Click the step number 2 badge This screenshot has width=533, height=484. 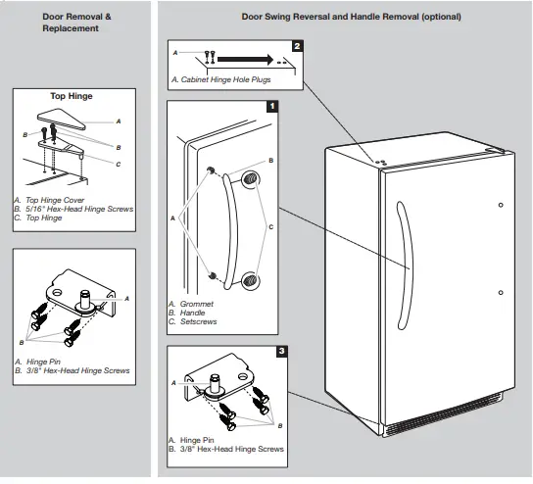point(297,45)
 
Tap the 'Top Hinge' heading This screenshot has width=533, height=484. point(71,97)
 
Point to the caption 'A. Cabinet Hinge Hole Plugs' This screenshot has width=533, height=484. point(220,79)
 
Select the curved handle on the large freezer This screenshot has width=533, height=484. point(402,235)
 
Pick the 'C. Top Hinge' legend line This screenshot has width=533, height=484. point(39,218)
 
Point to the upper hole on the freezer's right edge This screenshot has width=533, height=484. point(501,205)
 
